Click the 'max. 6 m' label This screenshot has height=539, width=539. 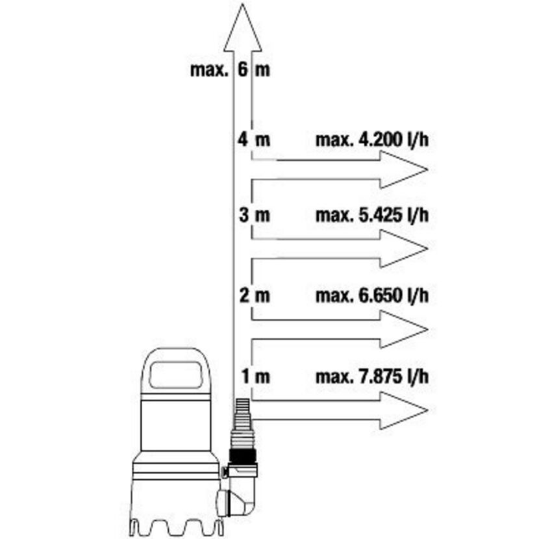pyautogui.click(x=230, y=69)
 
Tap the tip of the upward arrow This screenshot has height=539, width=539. pyautogui.click(x=242, y=4)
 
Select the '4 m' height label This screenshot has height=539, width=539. pyautogui.click(x=254, y=140)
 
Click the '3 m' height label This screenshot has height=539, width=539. pyautogui.click(x=255, y=215)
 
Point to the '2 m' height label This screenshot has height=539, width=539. pyautogui.click(x=255, y=295)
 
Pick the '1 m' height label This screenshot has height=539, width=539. pyautogui.click(x=256, y=376)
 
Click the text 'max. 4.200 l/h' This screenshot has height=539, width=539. pyautogui.click(x=372, y=140)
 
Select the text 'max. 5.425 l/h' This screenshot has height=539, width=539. pyautogui.click(x=372, y=215)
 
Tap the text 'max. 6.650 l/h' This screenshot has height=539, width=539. pyautogui.click(x=372, y=295)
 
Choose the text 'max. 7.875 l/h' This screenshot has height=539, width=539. pyautogui.click(x=372, y=376)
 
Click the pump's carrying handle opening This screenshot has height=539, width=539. pyautogui.click(x=175, y=374)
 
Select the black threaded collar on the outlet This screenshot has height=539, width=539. pyautogui.click(x=243, y=457)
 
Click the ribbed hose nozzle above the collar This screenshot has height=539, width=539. pyautogui.click(x=244, y=425)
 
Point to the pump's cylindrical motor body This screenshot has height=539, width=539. pyautogui.click(x=175, y=423)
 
